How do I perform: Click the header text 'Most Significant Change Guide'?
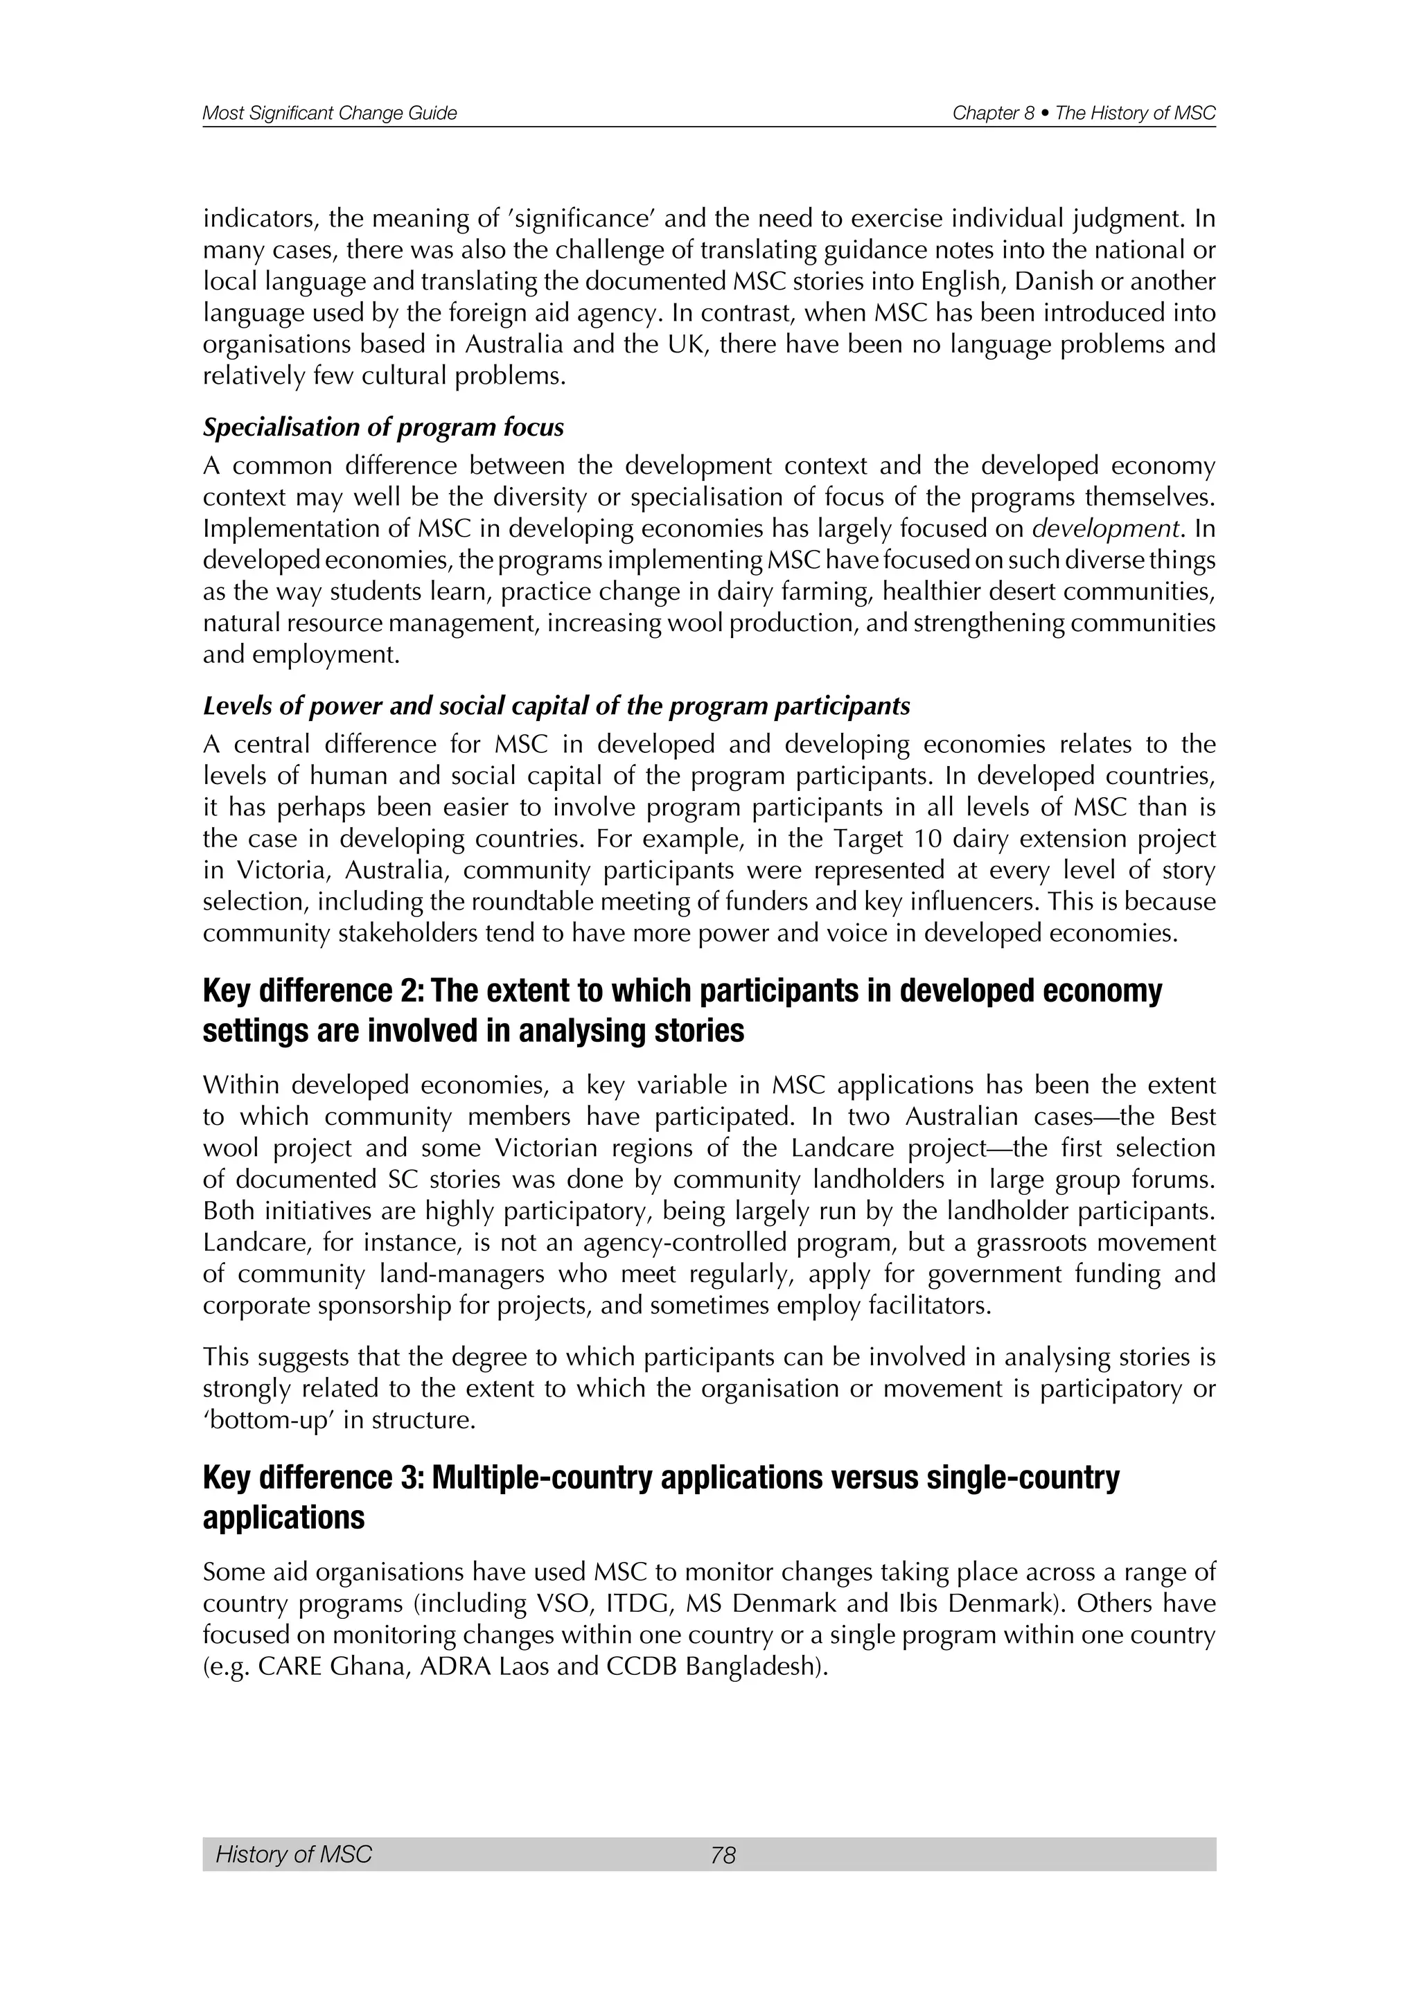(x=329, y=114)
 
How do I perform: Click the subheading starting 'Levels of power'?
(x=556, y=706)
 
